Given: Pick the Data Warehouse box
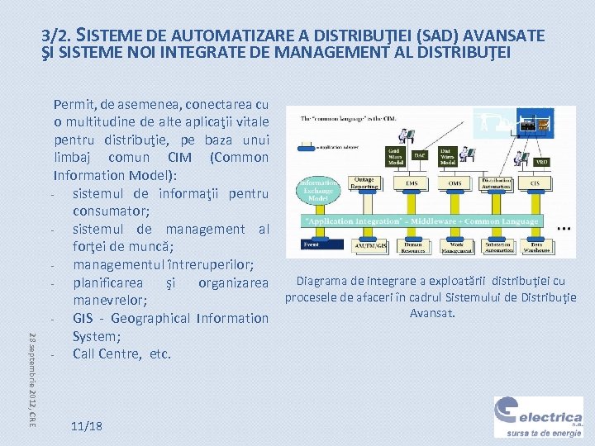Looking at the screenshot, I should [x=541, y=245].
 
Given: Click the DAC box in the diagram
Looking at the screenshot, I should [x=420, y=154].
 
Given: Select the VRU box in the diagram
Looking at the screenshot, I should [x=542, y=162].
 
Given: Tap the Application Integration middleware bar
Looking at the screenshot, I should [x=421, y=221].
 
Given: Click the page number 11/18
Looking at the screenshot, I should [x=87, y=426].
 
